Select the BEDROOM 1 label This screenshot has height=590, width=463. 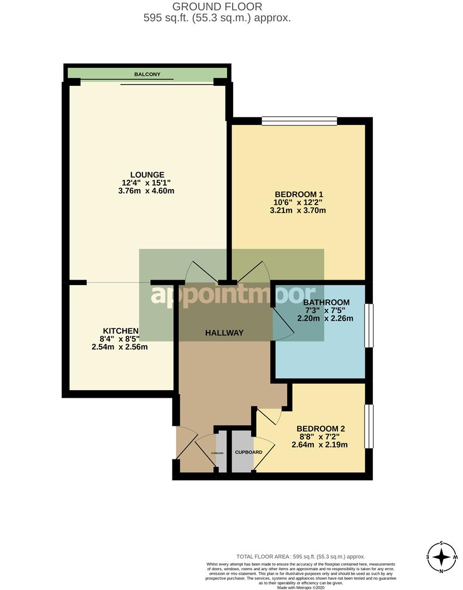point(299,194)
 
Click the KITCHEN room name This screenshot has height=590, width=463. point(121,331)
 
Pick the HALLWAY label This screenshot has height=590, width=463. point(224,333)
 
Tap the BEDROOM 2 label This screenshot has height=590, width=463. point(321,429)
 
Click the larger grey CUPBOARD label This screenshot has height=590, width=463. point(248,452)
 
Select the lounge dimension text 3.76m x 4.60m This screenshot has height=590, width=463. point(146,191)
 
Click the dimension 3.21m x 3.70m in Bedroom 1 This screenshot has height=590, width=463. point(298,210)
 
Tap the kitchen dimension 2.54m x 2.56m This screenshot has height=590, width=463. point(120,347)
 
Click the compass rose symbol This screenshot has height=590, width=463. point(442,557)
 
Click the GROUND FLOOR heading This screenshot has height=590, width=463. point(217,7)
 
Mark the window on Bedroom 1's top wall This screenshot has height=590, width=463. point(299,121)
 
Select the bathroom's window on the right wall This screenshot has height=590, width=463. point(369,325)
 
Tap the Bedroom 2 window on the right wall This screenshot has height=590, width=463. point(369,427)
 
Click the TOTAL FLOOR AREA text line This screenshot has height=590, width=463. point(300,557)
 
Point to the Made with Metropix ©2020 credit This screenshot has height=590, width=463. point(300,587)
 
